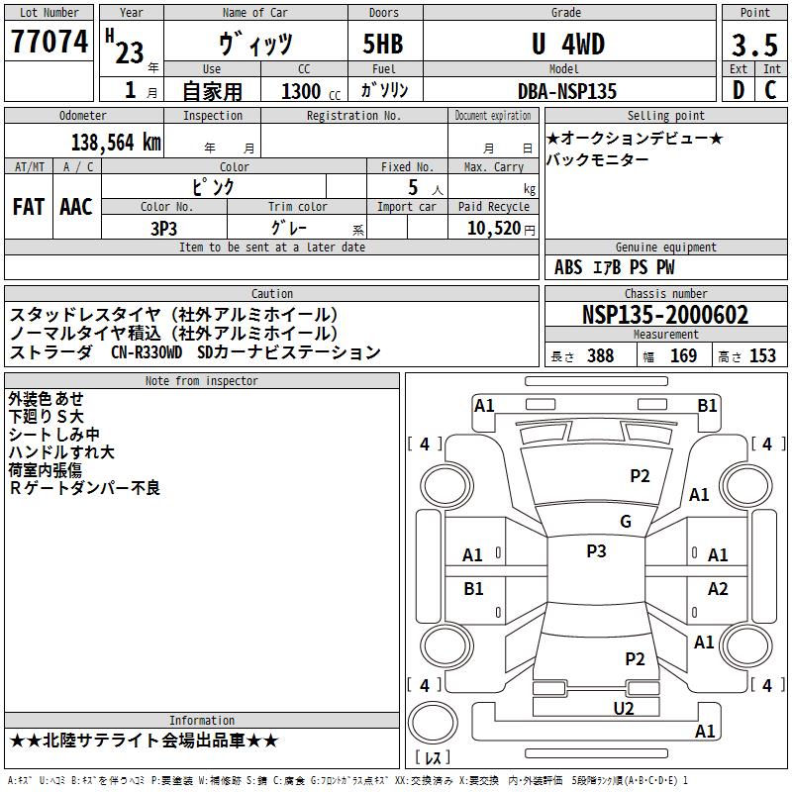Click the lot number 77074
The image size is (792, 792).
tap(49, 42)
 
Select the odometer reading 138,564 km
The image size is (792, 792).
tap(116, 143)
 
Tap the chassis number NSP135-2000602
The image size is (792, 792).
tap(665, 315)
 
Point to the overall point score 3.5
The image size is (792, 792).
tap(754, 45)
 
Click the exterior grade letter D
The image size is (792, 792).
tap(739, 90)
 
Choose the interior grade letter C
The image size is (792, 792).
tap(770, 90)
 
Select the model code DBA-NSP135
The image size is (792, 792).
tap(567, 91)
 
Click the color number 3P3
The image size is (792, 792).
tap(163, 229)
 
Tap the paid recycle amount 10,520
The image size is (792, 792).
tap(493, 228)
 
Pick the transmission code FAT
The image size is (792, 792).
tap(29, 207)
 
